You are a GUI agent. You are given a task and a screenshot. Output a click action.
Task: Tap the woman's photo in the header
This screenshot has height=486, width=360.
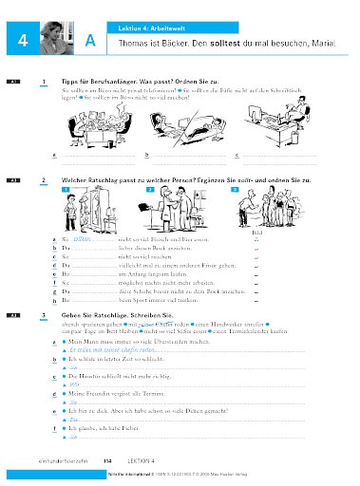tap(56, 36)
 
